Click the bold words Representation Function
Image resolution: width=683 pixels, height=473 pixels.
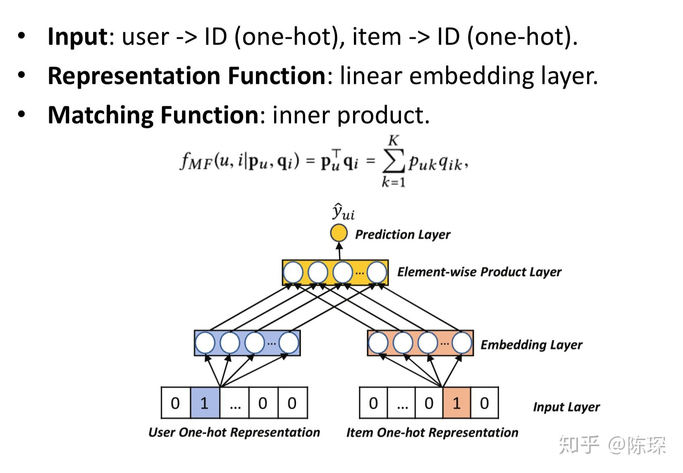click(186, 76)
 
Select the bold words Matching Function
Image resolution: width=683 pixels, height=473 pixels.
click(153, 115)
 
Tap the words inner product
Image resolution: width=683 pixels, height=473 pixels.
click(351, 115)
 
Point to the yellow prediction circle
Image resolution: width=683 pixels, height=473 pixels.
click(339, 233)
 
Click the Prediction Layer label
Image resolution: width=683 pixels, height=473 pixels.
click(402, 234)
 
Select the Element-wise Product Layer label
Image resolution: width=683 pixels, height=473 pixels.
click(479, 272)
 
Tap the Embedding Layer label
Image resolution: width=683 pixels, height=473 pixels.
click(531, 344)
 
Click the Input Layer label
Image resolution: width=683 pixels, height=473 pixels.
click(566, 407)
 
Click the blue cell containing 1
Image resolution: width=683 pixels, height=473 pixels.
click(205, 403)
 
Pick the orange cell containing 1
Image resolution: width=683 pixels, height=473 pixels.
click(456, 403)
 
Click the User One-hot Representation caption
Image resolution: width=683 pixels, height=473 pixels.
click(234, 432)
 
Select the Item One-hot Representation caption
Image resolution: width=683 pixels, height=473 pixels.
click(432, 432)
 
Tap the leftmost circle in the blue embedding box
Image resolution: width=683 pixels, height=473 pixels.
click(205, 343)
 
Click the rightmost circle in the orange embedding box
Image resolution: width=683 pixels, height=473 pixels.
click(462, 343)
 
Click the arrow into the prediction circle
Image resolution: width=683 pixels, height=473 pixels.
click(339, 251)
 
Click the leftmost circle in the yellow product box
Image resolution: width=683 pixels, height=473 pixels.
click(293, 272)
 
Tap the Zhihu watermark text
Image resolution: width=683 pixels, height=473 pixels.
click(612, 445)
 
